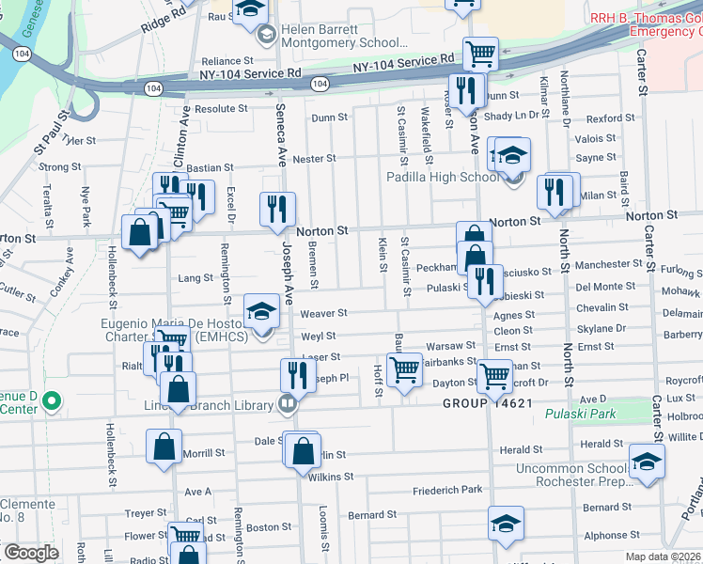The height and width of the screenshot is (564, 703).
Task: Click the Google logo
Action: point(31,553)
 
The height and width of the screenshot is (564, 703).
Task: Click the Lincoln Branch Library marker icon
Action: point(289,405)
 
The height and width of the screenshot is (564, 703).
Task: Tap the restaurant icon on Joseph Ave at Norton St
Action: point(277,211)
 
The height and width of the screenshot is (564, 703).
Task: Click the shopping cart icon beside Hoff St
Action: point(404,370)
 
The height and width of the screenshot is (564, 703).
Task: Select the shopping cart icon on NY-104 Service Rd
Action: point(481,55)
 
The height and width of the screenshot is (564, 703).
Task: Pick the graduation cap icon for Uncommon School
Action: point(647,462)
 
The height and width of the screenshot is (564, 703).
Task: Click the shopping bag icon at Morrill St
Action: point(164,446)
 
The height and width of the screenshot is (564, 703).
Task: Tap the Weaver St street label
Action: point(323,313)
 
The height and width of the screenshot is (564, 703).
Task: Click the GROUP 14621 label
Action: point(489,403)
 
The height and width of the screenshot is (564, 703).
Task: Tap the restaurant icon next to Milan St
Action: point(555,192)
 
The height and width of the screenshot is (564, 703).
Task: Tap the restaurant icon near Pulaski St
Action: point(484,283)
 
